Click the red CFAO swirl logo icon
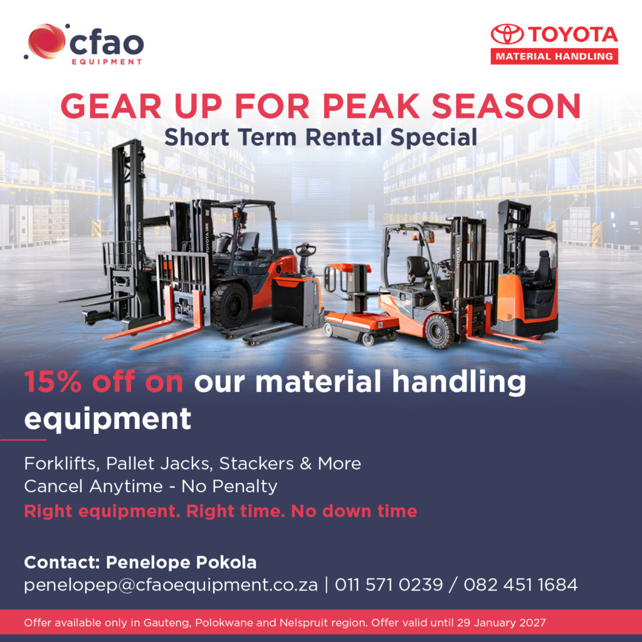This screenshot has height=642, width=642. [46, 41]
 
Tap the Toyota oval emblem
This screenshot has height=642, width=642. [507, 34]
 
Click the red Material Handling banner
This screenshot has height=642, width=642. [554, 56]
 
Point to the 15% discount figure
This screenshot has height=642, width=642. [53, 382]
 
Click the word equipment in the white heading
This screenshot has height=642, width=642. [108, 419]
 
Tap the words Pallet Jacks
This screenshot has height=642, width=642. [159, 463]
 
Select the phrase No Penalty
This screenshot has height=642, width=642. [229, 487]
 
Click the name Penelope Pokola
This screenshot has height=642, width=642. [181, 562]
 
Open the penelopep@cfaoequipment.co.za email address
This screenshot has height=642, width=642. [171, 585]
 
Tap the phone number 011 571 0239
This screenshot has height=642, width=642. [389, 584]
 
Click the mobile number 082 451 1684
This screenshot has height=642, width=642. [520, 584]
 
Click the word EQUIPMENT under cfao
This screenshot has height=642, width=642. [107, 62]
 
